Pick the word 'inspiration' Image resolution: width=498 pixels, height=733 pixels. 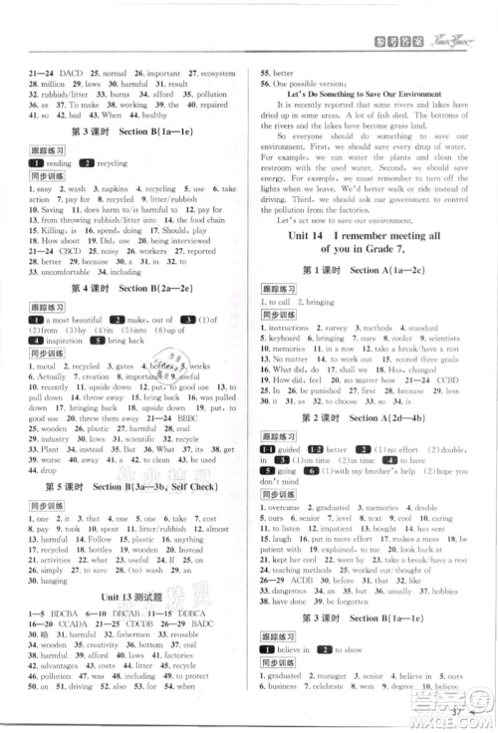pyautogui.click(x=64, y=341)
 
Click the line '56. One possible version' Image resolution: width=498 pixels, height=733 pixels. pyautogui.click(x=308, y=83)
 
